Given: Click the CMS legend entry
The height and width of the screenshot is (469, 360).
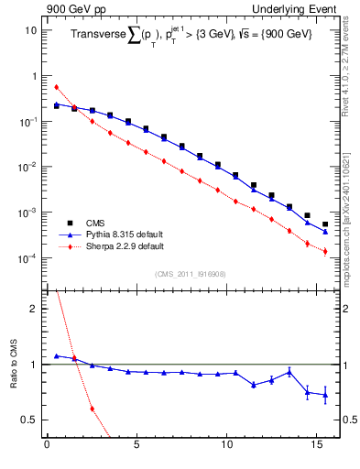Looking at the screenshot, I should (x=95, y=222).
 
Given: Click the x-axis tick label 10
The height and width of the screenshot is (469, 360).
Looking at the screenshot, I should (x=226, y=448).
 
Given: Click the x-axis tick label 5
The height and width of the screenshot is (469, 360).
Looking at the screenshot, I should (x=136, y=448).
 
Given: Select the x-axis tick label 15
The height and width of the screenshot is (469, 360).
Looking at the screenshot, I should (x=316, y=448).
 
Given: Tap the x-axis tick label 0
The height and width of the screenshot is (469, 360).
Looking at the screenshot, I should (x=47, y=448).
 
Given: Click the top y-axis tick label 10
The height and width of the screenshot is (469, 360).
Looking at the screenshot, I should (x=29, y=29).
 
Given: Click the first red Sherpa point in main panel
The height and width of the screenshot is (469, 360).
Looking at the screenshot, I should (x=57, y=87).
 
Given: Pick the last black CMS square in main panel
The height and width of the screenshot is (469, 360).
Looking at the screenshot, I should (x=325, y=224).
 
